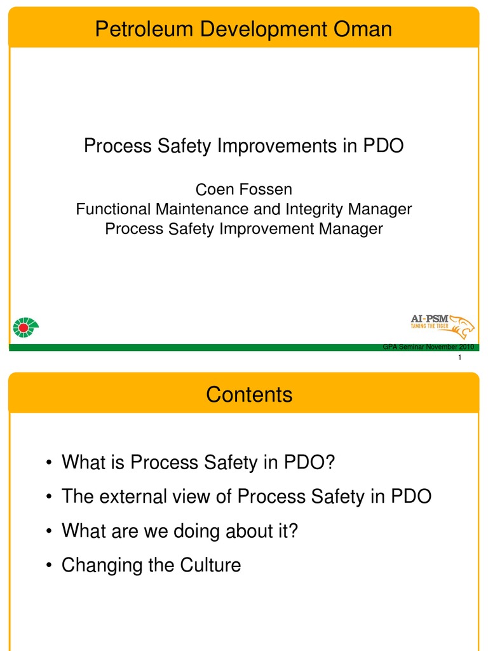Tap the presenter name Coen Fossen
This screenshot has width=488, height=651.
tap(243, 189)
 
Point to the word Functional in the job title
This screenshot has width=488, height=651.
tap(114, 209)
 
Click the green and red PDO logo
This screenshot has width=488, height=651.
tap(25, 327)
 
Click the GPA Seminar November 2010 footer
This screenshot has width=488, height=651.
tap(429, 346)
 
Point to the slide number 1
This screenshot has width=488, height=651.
tap(459, 359)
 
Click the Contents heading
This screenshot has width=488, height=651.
tap(249, 395)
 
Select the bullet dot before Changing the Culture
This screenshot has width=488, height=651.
tap(49, 566)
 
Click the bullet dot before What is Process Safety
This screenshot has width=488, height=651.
tap(49, 463)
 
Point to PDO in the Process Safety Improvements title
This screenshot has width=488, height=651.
tap(383, 146)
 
